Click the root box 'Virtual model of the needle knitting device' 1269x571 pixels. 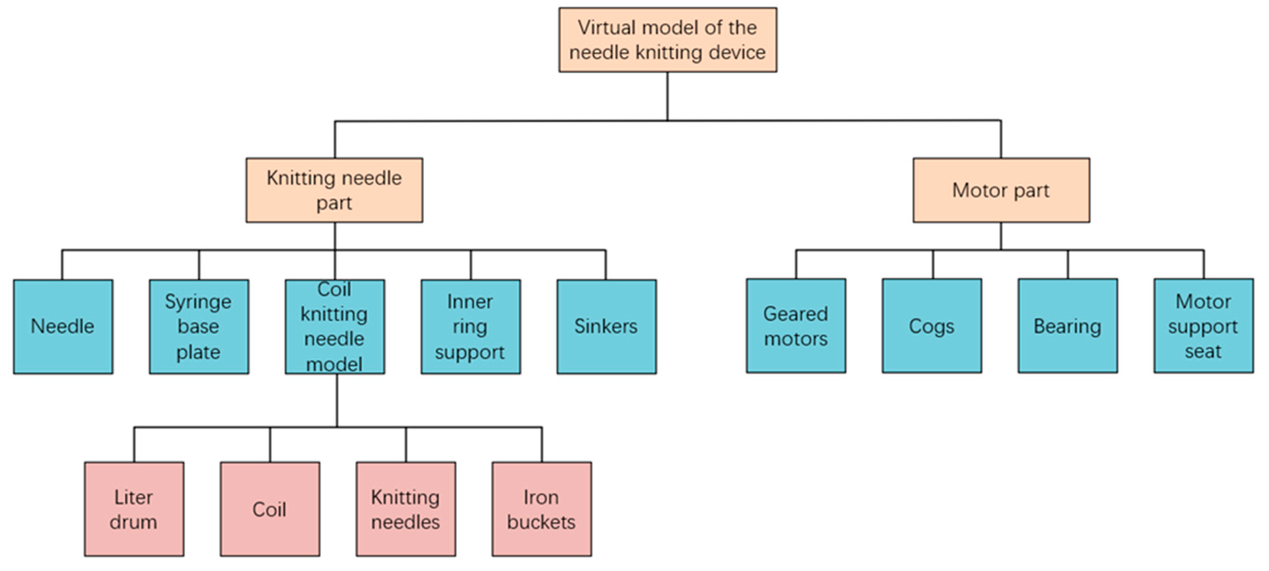click(667, 40)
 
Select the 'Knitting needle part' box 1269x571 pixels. click(334, 190)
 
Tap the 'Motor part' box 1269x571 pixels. click(1001, 190)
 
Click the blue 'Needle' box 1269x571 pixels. click(63, 327)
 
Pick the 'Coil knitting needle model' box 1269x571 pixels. click(335, 327)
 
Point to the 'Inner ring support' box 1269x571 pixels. click(471, 327)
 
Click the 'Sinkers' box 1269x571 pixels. click(606, 327)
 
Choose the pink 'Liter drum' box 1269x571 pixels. click(134, 509)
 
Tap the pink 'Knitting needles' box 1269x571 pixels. click(406, 509)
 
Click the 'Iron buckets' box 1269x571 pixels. click(542, 509)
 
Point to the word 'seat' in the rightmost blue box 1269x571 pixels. click(1203, 352)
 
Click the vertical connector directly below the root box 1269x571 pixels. click(667, 96)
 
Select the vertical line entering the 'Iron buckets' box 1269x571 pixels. click(542, 445)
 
